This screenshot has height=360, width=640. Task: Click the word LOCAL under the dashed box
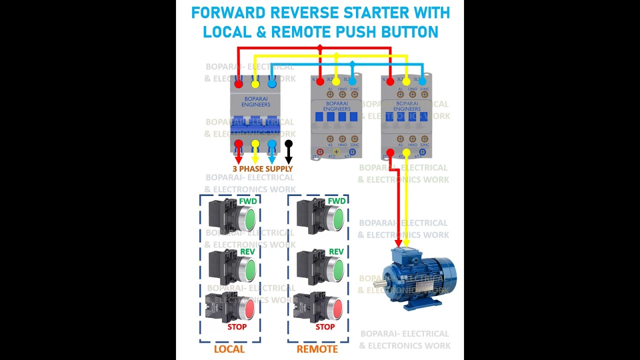click(x=229, y=349)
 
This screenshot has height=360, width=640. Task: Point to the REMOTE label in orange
click(x=317, y=349)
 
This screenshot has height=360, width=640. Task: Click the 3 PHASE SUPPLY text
click(x=262, y=169)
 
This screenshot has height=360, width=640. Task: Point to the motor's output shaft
click(x=379, y=284)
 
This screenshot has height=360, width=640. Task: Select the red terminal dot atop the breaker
click(x=238, y=83)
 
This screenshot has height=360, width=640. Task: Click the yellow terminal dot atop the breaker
click(x=255, y=83)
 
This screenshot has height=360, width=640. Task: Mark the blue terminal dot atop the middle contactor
click(x=352, y=81)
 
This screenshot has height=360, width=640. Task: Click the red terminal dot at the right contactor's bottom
click(x=390, y=152)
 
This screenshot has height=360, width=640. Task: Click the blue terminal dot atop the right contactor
click(x=423, y=81)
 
